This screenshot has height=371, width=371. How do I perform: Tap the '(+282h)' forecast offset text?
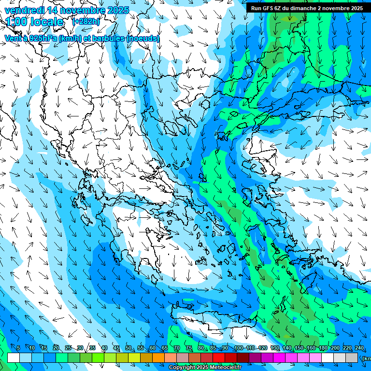(86, 22)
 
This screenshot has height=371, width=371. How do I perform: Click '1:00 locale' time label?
(35, 22)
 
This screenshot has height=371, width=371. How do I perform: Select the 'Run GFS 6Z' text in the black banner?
(268, 8)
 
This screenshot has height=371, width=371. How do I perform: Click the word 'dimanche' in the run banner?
(304, 8)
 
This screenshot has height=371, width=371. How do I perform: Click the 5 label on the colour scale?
(18, 348)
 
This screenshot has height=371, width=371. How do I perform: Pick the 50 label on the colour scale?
(128, 348)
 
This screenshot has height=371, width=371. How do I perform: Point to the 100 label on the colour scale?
(239, 348)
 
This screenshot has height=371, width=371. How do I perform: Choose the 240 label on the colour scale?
(359, 348)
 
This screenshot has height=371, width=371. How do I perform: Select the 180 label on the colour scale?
(323, 348)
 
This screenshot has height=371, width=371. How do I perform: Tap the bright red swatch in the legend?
(219, 357)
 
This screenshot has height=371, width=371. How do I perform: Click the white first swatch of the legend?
(14, 357)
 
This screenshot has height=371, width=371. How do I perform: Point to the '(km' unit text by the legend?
(366, 358)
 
